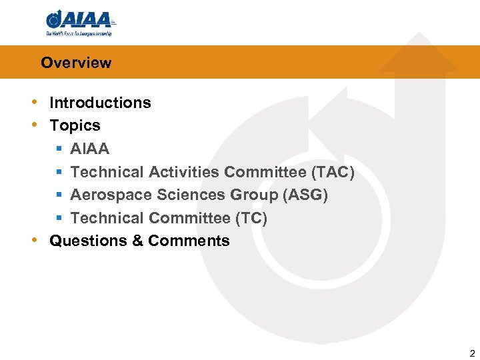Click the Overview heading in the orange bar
tap(76, 63)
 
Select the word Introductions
tap(100, 103)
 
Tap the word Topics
tap(75, 125)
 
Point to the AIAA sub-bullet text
tap(89, 149)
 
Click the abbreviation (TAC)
tap(333, 172)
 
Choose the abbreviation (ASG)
tap(305, 195)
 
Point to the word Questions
tap(88, 241)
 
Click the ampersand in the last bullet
tap(137, 241)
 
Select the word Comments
tap(189, 241)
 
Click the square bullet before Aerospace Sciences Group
tap(59, 195)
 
